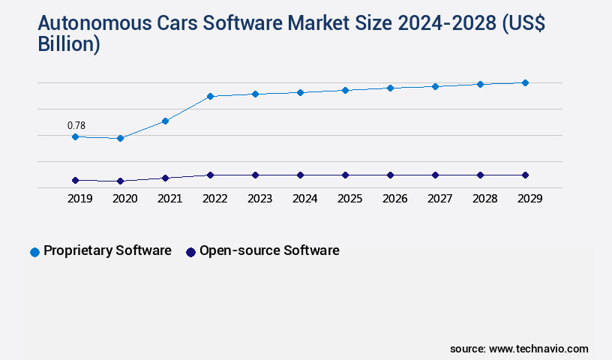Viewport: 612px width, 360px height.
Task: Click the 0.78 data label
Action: (76, 125)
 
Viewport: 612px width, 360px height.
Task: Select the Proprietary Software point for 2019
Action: (75, 136)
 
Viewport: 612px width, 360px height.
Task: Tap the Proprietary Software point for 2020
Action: (120, 138)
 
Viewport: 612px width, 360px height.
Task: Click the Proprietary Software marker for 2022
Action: (210, 96)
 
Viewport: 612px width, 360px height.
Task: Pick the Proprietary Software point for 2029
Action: (525, 82)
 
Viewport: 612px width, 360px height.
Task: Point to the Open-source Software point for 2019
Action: (75, 180)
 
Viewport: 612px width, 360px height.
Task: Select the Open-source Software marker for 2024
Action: (300, 175)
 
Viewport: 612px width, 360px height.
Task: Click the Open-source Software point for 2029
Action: (525, 175)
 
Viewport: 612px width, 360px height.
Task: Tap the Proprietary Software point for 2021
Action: (165, 121)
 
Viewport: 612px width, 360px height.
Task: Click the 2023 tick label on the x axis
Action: (259, 199)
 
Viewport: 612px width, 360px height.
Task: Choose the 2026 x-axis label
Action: (394, 199)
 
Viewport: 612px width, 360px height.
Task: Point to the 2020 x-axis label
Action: (124, 199)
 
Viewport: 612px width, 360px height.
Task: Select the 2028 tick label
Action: (484, 199)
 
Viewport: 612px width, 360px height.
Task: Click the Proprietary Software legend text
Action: (107, 250)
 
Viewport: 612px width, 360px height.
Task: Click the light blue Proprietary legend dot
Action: (34, 252)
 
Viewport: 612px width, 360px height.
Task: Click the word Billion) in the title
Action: (68, 44)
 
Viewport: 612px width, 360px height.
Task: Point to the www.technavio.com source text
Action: (538, 349)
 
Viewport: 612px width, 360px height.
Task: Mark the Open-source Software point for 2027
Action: (435, 175)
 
